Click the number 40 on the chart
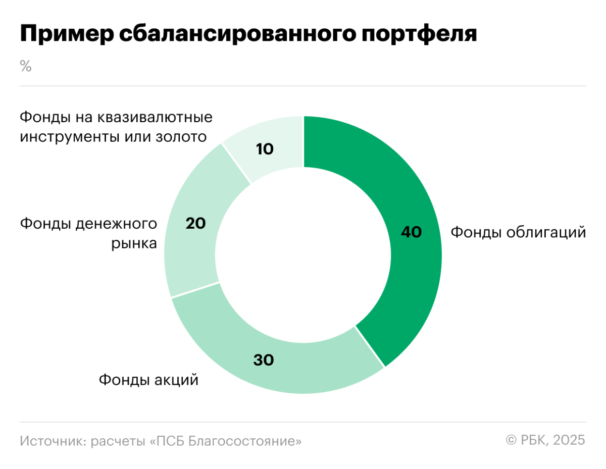click(411, 232)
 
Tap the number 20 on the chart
click(195, 223)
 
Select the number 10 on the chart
click(265, 149)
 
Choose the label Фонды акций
click(148, 379)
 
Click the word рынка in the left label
click(134, 244)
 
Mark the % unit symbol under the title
click(26, 66)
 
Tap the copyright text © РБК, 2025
click(545, 440)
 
